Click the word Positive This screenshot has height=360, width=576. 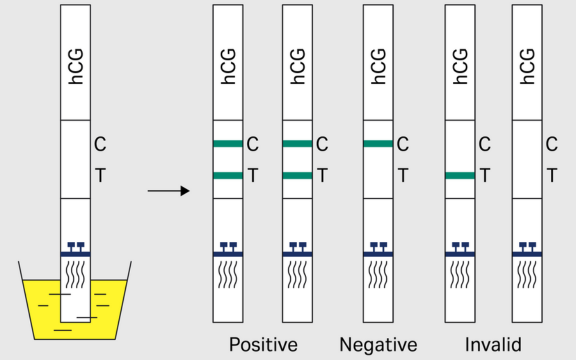(263, 345)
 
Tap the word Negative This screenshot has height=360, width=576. (377, 345)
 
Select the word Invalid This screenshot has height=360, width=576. (493, 345)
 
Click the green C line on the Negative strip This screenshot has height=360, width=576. (379, 144)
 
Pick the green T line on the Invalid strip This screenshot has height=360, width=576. (459, 176)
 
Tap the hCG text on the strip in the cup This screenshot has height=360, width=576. (76, 63)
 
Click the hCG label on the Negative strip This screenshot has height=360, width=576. (379, 63)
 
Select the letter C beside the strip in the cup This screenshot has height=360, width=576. (100, 144)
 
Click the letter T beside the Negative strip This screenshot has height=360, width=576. (403, 176)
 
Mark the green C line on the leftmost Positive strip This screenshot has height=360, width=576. (228, 144)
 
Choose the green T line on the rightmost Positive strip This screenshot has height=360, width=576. (298, 176)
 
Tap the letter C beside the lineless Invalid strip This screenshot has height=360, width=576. (551, 144)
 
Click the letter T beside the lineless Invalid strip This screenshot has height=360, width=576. (551, 176)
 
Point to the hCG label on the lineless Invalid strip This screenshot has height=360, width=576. (527, 63)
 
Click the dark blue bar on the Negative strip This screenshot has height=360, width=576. (379, 254)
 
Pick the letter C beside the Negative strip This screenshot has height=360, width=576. (403, 144)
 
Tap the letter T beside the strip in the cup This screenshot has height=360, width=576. (100, 176)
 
